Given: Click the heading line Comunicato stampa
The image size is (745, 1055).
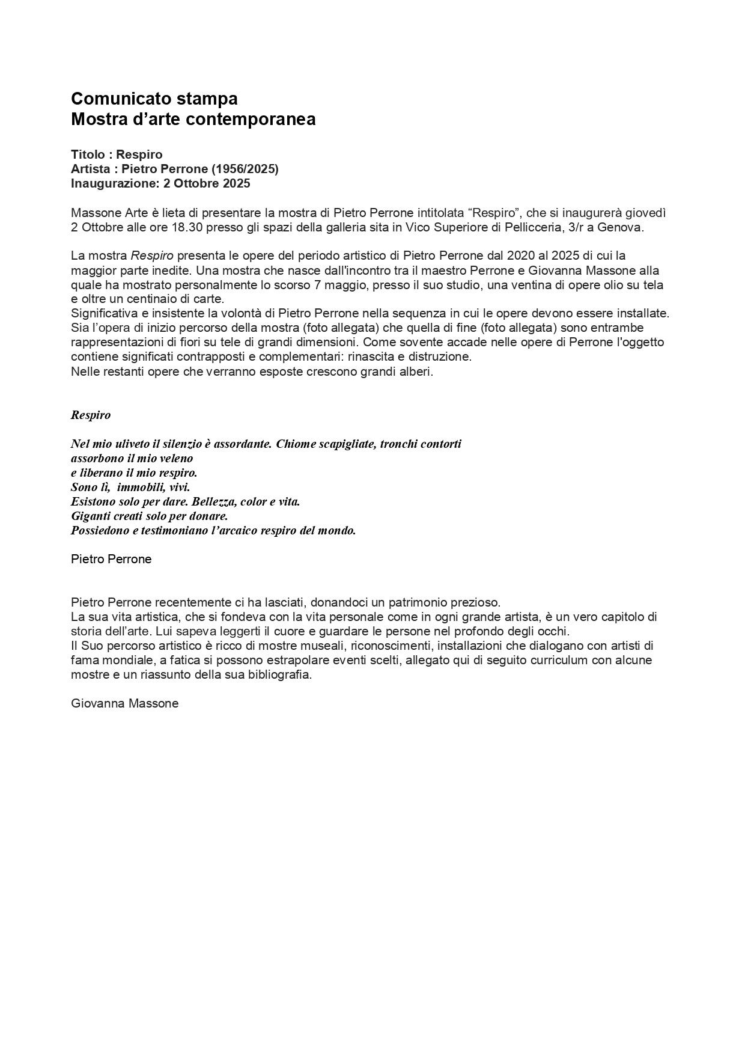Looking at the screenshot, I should [x=154, y=99].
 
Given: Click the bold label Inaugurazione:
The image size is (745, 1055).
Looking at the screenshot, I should [x=115, y=184].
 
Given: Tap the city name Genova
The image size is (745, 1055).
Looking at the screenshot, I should [x=620, y=228].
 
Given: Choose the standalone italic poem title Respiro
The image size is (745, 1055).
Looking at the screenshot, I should [x=91, y=415].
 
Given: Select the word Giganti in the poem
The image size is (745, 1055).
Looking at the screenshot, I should [x=91, y=516].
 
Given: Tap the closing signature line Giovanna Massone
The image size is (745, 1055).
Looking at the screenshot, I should [x=125, y=704].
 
